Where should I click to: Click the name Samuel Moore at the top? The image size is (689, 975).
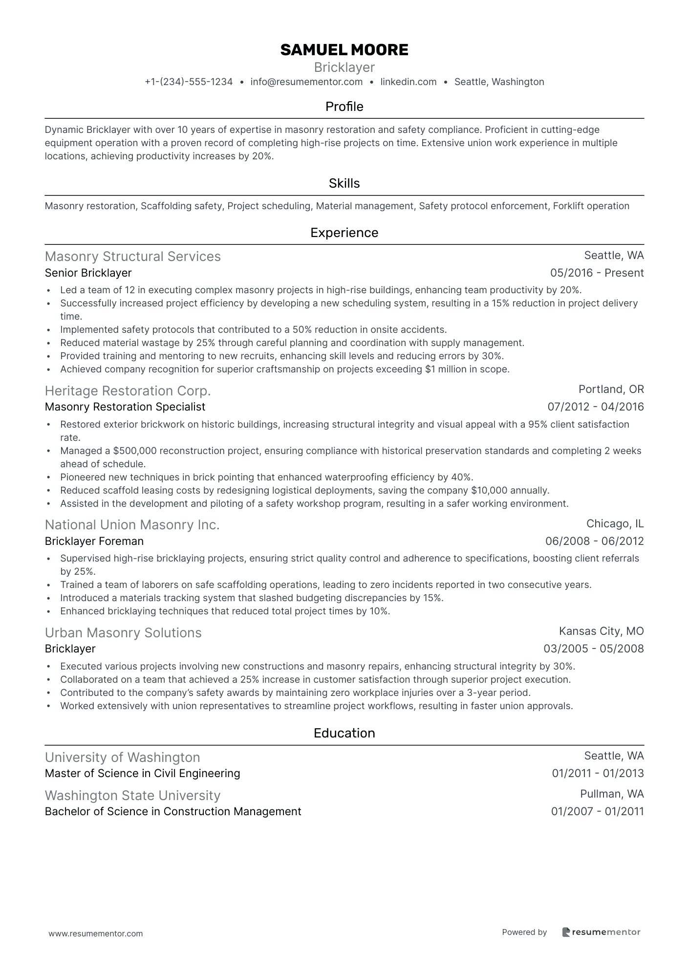click(344, 50)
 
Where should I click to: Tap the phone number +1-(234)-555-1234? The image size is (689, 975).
click(189, 82)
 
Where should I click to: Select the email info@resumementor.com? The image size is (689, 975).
click(306, 82)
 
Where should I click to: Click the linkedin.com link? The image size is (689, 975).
click(409, 82)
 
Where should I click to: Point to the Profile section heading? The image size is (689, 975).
click(344, 107)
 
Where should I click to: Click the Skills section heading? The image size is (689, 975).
click(344, 183)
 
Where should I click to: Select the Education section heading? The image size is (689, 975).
click(344, 733)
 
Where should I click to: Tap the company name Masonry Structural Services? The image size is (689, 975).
click(132, 257)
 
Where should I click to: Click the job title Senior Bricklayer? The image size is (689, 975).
click(88, 273)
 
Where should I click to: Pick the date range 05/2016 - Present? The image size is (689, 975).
click(597, 273)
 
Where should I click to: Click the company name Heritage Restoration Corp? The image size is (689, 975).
click(128, 391)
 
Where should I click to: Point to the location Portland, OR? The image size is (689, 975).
click(611, 389)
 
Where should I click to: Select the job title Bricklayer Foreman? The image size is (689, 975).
click(94, 541)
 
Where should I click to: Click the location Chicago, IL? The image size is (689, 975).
click(615, 524)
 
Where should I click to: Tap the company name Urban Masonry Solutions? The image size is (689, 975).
click(123, 633)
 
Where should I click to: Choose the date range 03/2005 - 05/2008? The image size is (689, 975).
click(593, 649)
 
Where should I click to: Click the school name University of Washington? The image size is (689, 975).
click(122, 758)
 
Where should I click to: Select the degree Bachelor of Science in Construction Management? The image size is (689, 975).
click(172, 811)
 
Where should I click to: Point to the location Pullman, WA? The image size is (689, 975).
click(612, 794)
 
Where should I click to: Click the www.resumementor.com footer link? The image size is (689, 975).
click(96, 933)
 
